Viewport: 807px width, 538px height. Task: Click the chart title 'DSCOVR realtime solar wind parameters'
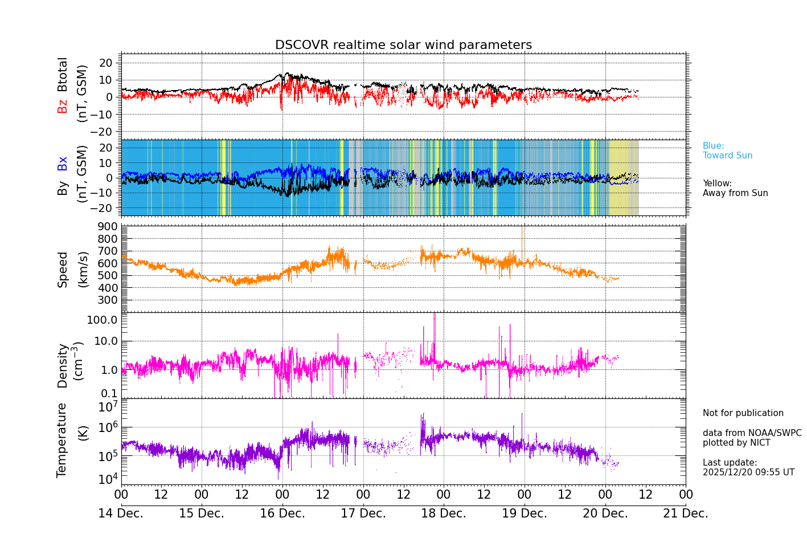coord(403,45)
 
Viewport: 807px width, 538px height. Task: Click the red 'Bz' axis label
coord(63,106)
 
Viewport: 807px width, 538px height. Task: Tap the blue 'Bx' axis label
coord(63,163)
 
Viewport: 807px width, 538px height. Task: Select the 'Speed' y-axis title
coord(63,270)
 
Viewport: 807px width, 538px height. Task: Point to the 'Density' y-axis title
coord(63,365)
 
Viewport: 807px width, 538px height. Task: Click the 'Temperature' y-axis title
coord(62,440)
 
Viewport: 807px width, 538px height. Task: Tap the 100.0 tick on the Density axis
coord(103,320)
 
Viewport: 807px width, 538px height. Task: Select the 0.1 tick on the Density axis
coord(109,393)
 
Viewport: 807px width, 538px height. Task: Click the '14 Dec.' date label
coord(121,513)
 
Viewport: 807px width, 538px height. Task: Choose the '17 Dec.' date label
coord(363,513)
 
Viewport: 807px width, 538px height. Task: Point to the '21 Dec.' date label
coord(686,513)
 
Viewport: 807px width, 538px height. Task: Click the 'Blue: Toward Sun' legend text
coord(727,150)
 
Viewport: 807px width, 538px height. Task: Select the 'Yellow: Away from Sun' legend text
coord(735,188)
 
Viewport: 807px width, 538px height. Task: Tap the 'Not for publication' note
coord(743,413)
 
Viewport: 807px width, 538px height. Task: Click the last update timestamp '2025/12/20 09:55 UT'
coord(748,472)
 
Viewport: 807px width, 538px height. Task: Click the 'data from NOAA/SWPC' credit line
coord(752,433)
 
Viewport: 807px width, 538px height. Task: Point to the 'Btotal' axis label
coord(63,75)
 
